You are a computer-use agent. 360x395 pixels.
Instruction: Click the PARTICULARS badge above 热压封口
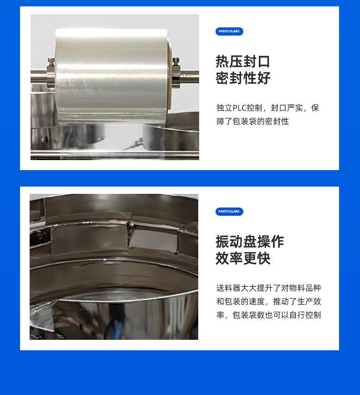pyautogui.click(x=229, y=31)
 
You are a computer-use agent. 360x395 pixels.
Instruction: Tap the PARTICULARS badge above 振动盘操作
pyautogui.click(x=229, y=211)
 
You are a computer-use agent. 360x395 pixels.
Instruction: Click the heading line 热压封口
pyautogui.click(x=243, y=62)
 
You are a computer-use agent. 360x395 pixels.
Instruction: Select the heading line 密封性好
pyautogui.click(x=243, y=78)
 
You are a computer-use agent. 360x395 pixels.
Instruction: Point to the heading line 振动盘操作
pyautogui.click(x=250, y=242)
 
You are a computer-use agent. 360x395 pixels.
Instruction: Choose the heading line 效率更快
pyautogui.click(x=243, y=259)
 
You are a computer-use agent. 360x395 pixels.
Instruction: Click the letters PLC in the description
pyautogui.click(x=239, y=108)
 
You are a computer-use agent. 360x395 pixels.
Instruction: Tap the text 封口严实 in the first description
pyautogui.click(x=287, y=108)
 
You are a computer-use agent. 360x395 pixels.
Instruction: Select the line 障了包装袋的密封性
pyautogui.click(x=252, y=121)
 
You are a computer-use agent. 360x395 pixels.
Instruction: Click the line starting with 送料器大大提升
pyautogui.click(x=268, y=288)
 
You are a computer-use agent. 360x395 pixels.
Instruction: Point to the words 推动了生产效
pyautogui.click(x=297, y=301)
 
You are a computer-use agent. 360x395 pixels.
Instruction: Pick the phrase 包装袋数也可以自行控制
pyautogui.click(x=277, y=315)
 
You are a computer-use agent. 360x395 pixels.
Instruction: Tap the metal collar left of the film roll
pyautogui.click(x=51, y=73)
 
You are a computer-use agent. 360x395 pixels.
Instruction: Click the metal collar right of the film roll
pyautogui.click(x=176, y=73)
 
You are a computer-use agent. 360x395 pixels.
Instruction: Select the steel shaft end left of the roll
pyautogui.click(x=39, y=77)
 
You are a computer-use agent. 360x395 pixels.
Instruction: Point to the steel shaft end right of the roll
pyautogui.click(x=190, y=77)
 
